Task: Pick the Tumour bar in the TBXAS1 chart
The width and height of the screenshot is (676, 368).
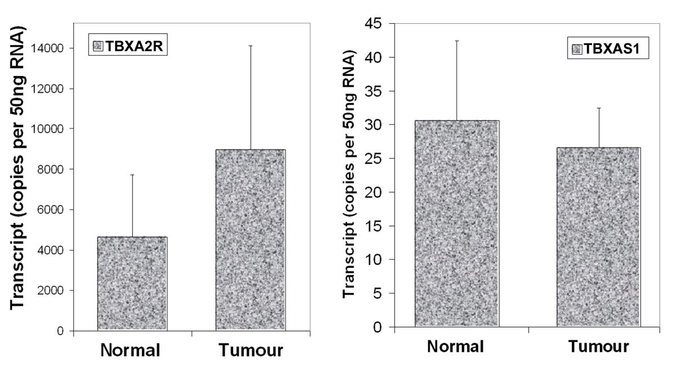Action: tap(598, 237)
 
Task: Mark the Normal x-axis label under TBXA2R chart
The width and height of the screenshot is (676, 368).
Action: tap(131, 351)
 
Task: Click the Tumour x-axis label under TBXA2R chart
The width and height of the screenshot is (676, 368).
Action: tap(251, 351)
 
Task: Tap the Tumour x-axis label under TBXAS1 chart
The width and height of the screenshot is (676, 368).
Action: tap(598, 347)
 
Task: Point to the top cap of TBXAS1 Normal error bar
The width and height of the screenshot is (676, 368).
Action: tap(457, 41)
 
